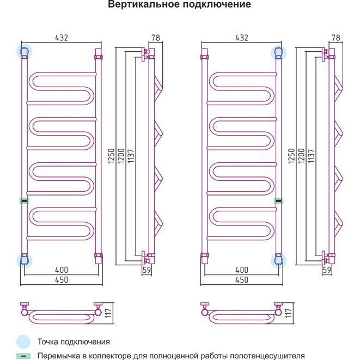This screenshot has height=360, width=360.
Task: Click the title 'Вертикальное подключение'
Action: tap(179, 5)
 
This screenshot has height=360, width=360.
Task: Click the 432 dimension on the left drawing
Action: tap(62, 38)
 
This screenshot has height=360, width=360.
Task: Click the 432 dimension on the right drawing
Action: tap(241, 38)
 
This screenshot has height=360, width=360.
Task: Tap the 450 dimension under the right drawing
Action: tap(241, 280)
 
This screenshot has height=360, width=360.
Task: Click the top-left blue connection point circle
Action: tap(24, 52)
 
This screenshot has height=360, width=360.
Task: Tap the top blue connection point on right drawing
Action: tap(279, 52)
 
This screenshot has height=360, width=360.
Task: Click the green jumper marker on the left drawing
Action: tap(23, 201)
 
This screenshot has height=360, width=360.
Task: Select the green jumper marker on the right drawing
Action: tap(279, 201)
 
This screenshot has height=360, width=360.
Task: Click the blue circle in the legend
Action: tap(23, 342)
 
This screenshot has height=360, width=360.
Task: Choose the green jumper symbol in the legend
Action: tap(23, 356)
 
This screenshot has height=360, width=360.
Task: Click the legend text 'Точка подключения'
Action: tap(74, 342)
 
